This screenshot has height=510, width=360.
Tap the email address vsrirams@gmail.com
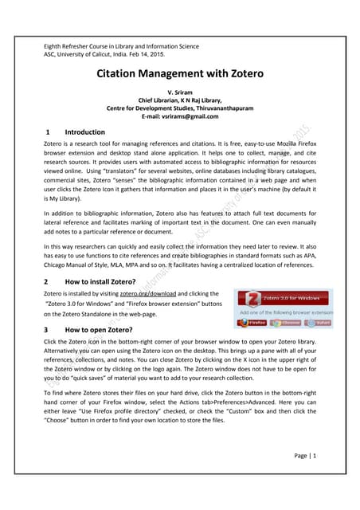[x=179, y=116]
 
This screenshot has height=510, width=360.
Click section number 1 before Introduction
[x=49, y=131]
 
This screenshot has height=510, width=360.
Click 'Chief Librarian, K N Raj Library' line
[x=179, y=100]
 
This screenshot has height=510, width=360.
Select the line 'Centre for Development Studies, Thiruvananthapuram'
[x=179, y=108]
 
